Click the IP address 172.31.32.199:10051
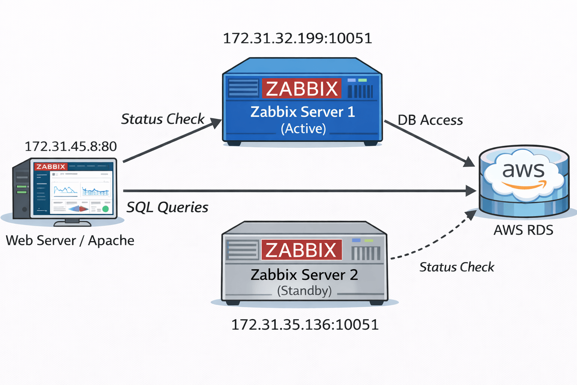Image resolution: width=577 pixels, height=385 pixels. (297, 38)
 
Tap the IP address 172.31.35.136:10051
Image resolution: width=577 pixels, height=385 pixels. (305, 325)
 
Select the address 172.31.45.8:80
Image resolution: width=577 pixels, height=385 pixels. (71, 146)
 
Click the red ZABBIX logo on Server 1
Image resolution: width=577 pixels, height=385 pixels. (302, 88)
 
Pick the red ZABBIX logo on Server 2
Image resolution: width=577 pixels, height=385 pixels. (301, 250)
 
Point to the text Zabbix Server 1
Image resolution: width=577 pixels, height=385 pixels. (302, 112)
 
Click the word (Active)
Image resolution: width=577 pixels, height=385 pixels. (303, 129)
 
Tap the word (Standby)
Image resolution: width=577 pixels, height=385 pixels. (304, 291)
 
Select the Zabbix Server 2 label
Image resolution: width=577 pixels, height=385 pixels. (304, 275)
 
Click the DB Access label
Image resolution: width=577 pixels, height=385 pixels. (430, 120)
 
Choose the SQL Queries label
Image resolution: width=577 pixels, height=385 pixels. (167, 207)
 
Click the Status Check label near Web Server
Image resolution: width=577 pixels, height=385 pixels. (163, 119)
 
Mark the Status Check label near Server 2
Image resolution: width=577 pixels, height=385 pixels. (456, 267)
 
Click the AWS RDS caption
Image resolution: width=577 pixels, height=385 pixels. (523, 230)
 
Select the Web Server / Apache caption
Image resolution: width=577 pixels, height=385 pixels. (70, 241)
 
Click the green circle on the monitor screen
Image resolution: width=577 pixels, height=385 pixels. (106, 209)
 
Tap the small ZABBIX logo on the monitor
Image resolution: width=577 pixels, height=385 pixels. (51, 167)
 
